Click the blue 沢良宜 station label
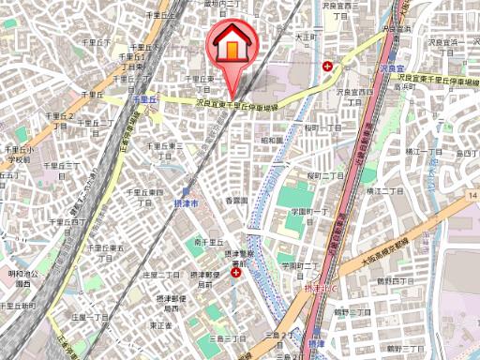point(392,70)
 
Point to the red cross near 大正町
point(326,67)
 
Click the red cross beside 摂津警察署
point(234,276)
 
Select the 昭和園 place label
point(272,140)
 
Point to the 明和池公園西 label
point(21,277)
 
